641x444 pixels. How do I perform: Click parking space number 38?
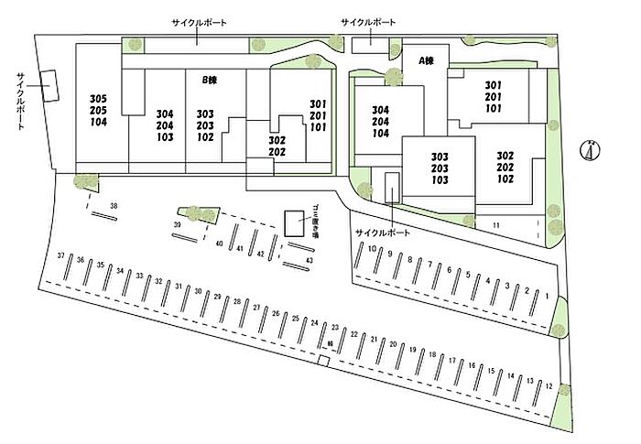click(x=114, y=207)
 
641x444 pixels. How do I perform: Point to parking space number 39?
click(x=177, y=224)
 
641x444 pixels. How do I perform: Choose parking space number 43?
click(x=310, y=261)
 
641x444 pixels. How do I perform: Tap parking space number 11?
click(x=495, y=224)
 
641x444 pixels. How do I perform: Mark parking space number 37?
click(x=60, y=256)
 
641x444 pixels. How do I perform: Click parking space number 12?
click(x=548, y=386)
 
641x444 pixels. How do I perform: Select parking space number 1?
click(x=546, y=297)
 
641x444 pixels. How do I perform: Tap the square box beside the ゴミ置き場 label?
click(x=294, y=223)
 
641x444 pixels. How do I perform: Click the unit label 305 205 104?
click(x=99, y=108)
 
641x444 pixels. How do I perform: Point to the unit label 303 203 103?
click(x=439, y=168)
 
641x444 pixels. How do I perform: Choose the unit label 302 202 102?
click(x=505, y=168)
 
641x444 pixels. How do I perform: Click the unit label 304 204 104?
click(x=381, y=122)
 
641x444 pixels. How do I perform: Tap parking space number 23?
click(x=335, y=327)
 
